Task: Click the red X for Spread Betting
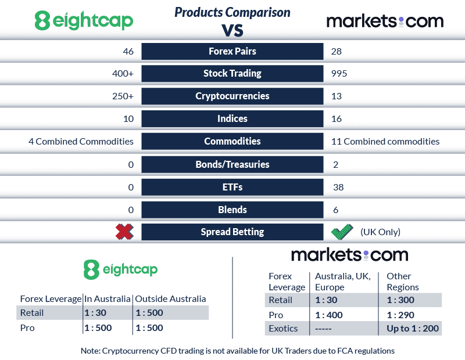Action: click(x=124, y=232)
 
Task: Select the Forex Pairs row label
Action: click(x=232, y=51)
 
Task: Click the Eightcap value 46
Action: click(x=128, y=51)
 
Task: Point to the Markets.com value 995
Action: click(x=338, y=74)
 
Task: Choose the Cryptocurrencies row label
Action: click(x=232, y=96)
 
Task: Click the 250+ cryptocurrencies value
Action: click(x=123, y=96)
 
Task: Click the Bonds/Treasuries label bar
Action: click(x=232, y=164)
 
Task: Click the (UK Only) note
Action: click(x=380, y=232)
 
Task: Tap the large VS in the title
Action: click(x=233, y=29)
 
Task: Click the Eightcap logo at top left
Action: click(x=84, y=21)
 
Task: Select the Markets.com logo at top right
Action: click(x=385, y=21)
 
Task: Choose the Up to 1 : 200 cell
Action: click(x=413, y=329)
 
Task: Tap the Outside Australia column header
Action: click(x=170, y=299)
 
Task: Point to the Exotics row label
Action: click(x=282, y=329)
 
